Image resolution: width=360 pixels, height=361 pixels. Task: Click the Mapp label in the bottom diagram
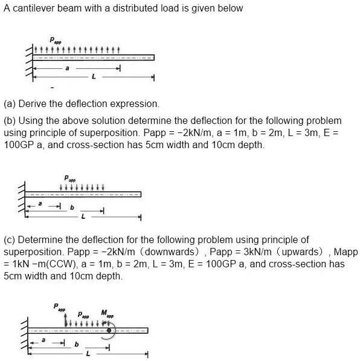(106, 314)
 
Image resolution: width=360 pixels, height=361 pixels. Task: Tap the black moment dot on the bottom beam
(109, 331)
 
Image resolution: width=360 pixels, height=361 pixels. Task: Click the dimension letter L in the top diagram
(94, 77)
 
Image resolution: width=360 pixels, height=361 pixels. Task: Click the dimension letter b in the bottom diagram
(76, 345)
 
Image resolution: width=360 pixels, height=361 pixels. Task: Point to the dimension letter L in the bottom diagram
(88, 353)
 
